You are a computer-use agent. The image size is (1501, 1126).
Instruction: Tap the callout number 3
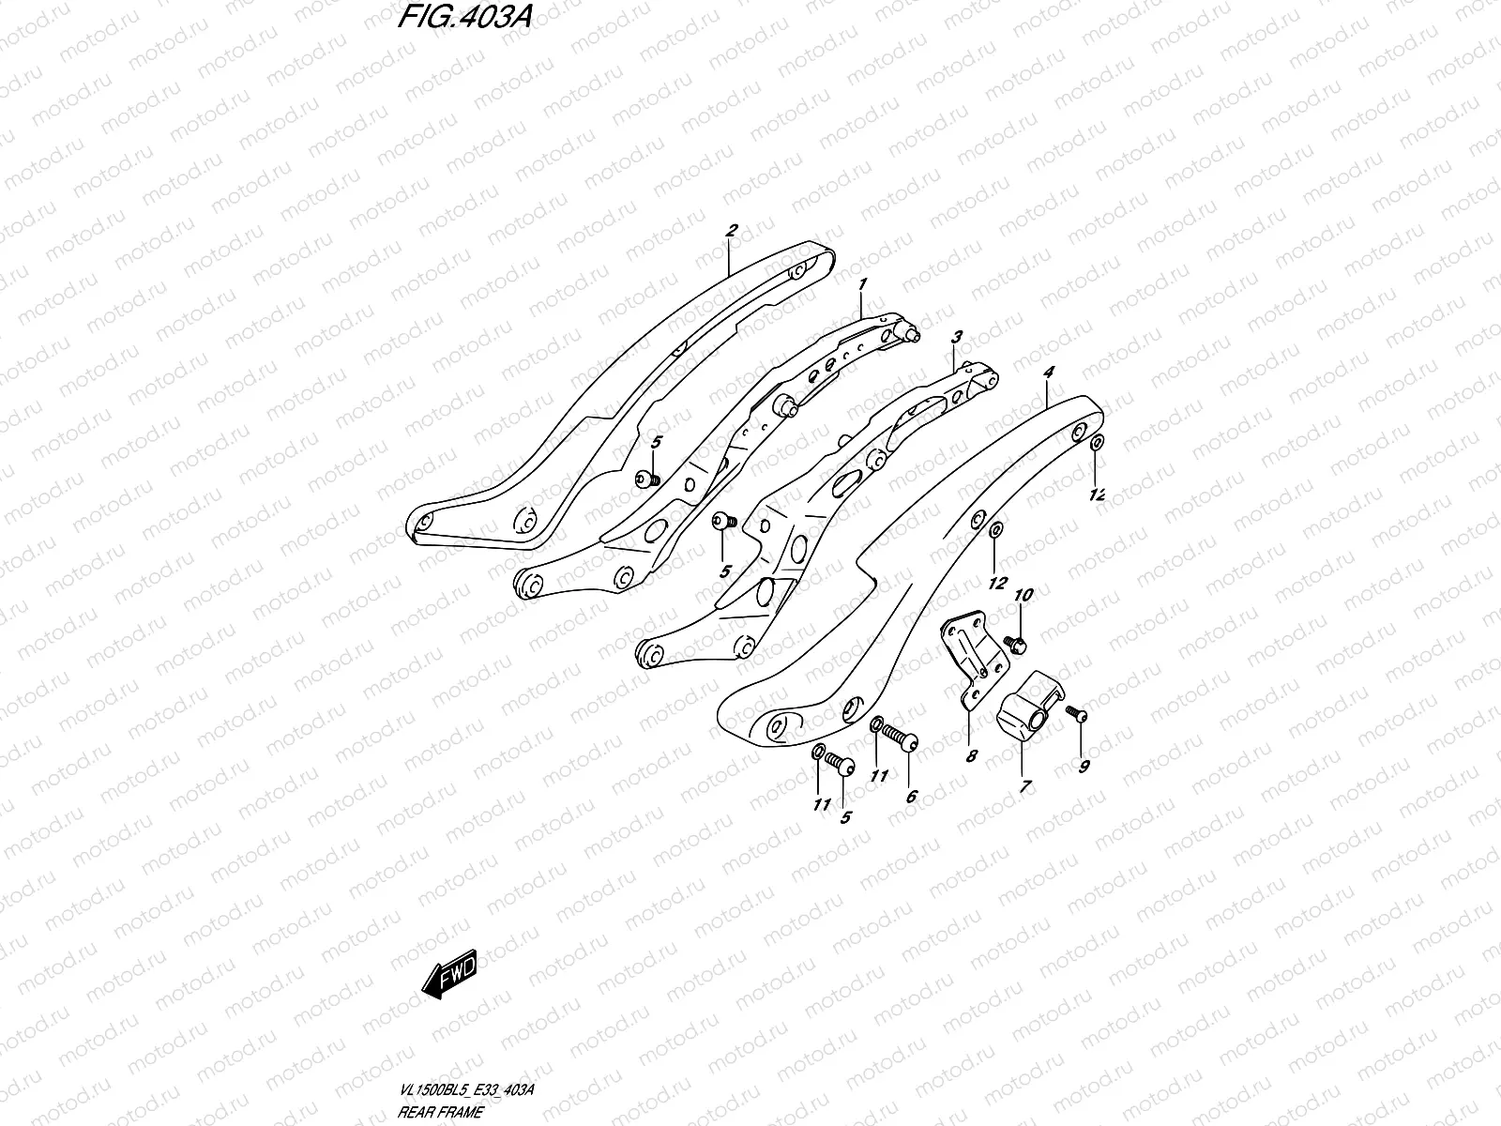[x=957, y=336]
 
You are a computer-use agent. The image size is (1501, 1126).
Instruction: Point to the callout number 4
[x=1048, y=373]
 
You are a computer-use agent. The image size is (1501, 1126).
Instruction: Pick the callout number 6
[x=911, y=797]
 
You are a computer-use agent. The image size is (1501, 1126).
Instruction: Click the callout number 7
[x=1025, y=787]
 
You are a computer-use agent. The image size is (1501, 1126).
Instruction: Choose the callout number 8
[x=971, y=754]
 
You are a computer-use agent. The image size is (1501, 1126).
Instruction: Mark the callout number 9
[x=1084, y=767]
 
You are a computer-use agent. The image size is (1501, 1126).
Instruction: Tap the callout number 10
[x=1023, y=595]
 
